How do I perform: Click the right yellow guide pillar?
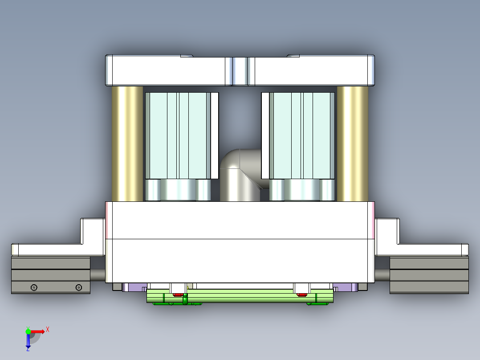click(x=353, y=143)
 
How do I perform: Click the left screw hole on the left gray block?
click(x=34, y=288)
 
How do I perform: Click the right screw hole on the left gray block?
click(x=79, y=288)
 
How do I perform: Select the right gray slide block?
click(x=429, y=275)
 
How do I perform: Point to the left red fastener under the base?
click(x=178, y=295)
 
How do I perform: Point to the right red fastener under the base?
click(x=301, y=295)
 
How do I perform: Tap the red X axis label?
click(x=48, y=330)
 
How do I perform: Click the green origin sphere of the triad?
click(x=28, y=331)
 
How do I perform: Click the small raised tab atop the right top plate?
click(x=293, y=56)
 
